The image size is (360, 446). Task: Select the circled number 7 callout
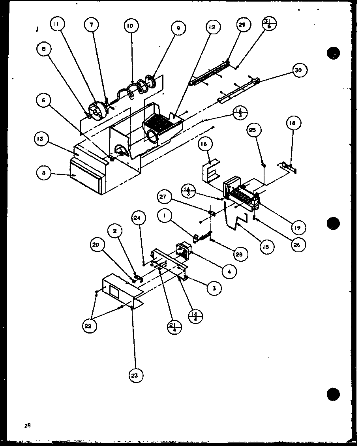coord(92,25)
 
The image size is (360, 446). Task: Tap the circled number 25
coord(255,129)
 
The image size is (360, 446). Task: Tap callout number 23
coord(135,375)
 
